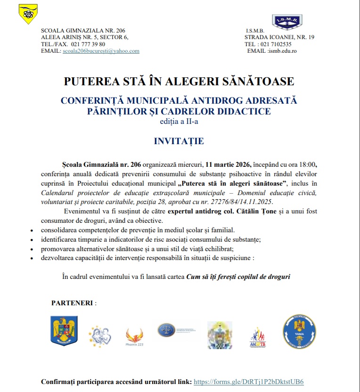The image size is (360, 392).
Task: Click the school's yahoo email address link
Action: [x=101, y=51]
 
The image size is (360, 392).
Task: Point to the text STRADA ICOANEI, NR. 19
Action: [x=279, y=37]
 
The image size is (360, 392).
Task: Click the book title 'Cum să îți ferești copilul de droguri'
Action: [x=238, y=277]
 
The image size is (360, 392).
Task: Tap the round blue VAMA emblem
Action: [x=299, y=332]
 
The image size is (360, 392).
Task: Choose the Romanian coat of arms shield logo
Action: [x=64, y=331]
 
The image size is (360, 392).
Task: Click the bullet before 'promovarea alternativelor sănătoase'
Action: [x=31, y=249]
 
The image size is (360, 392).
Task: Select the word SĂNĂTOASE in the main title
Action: [x=255, y=82]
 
